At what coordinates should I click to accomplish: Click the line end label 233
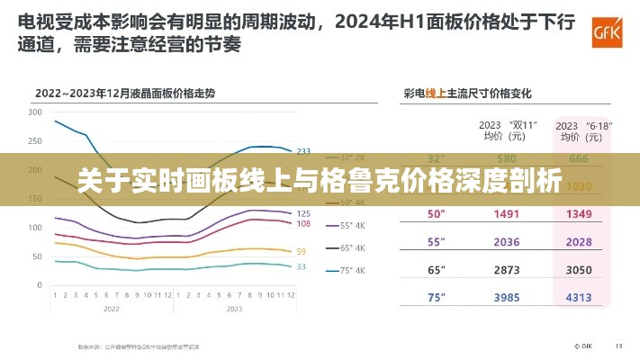303,151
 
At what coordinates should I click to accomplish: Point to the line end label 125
303,213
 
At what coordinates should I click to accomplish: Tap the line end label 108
303,224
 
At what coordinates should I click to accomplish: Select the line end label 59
301,251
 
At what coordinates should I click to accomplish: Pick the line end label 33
301,266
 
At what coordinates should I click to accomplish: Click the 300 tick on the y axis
35,112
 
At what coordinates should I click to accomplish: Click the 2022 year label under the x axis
111,308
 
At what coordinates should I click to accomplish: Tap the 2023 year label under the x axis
233,308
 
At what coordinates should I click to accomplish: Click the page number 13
618,345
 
